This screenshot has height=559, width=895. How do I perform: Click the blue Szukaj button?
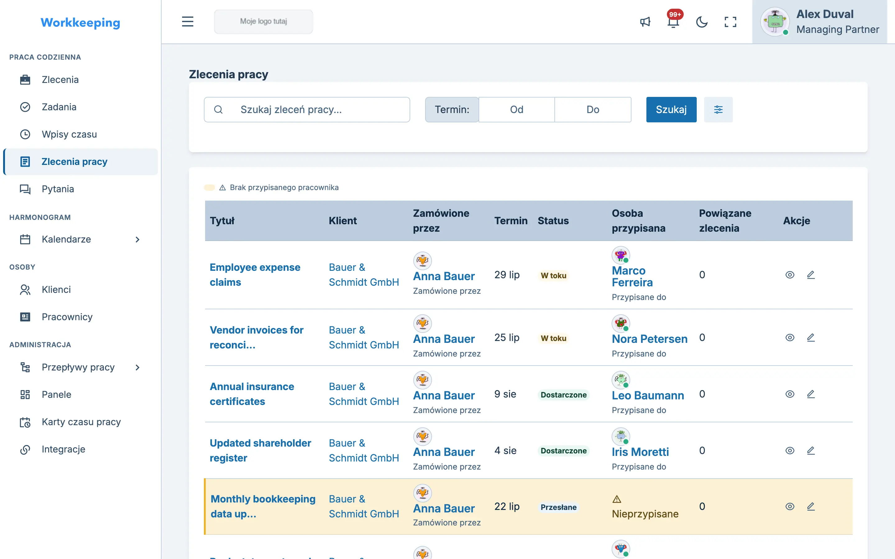[671, 109]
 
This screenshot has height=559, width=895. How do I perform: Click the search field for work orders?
[307, 109]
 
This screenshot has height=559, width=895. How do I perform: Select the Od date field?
[517, 109]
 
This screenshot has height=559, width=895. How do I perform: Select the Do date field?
[593, 109]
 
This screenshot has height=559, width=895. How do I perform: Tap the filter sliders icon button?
[718, 109]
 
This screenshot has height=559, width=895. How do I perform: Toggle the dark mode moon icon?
[702, 22]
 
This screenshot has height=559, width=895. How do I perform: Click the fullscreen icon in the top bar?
[730, 22]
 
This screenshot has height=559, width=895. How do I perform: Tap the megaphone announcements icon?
[645, 22]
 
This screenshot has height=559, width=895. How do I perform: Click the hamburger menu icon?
[187, 21]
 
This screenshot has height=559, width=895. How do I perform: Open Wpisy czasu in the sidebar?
[69, 134]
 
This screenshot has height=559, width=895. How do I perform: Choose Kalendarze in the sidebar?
[66, 239]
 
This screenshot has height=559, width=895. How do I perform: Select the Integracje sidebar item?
[63, 449]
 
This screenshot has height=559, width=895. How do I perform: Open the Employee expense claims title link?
[255, 275]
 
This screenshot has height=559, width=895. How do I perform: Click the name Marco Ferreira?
[632, 276]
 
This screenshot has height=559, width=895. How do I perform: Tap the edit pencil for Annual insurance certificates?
[811, 394]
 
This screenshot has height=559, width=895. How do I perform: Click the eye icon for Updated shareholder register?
[790, 451]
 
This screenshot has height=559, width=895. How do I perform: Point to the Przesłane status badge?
[558, 507]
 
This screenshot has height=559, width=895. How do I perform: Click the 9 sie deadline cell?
[505, 394]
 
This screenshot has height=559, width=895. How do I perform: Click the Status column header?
[553, 221]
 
